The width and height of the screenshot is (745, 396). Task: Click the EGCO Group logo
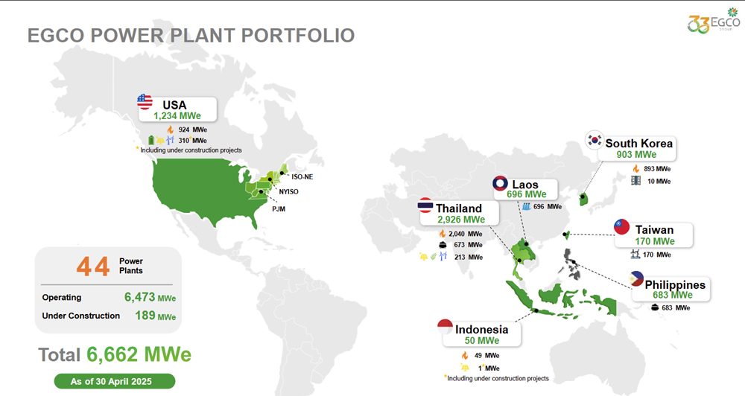pos(714,21)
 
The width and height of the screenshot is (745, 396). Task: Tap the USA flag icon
pos(145,102)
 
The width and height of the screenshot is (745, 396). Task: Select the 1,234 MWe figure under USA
pos(177,116)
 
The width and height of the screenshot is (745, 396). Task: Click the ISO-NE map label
pos(302,176)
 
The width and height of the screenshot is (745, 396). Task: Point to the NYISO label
pos(288,192)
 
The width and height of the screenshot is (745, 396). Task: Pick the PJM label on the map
pos(279,209)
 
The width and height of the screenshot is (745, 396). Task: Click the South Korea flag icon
pos(595,140)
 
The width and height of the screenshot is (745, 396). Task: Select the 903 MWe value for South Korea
pos(637,155)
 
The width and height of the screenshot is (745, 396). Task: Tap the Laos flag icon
pos(500,183)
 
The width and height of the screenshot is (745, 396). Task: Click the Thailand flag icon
pos(425,206)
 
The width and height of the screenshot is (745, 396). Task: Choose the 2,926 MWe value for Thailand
pos(461,220)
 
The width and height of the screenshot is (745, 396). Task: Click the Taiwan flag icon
pos(621,227)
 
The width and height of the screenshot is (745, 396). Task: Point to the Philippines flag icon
pos(636,279)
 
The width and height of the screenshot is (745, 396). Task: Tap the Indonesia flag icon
pos(446,327)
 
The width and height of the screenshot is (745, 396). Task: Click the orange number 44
pos(93,266)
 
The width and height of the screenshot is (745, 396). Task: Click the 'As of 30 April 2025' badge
pos(115,381)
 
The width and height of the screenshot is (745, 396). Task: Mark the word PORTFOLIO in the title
pos(298,36)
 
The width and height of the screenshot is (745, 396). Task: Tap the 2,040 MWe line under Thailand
pos(460,234)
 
